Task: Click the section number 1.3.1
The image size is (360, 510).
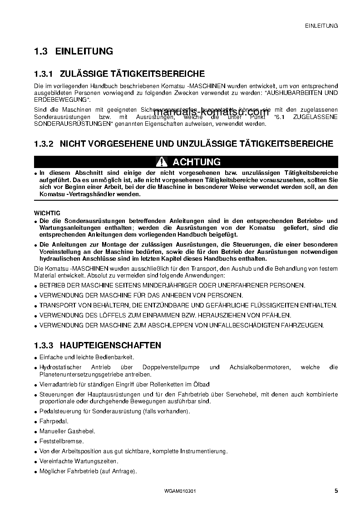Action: pos(44,74)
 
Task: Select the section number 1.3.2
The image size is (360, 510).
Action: pos(44,144)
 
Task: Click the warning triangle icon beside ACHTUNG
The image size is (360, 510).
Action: pos(161,162)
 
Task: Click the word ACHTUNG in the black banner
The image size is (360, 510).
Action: pos(197,162)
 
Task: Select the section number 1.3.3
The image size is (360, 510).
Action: pos(44,346)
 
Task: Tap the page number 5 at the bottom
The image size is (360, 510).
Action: pos(335,491)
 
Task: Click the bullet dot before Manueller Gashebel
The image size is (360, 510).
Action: pos(36,431)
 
